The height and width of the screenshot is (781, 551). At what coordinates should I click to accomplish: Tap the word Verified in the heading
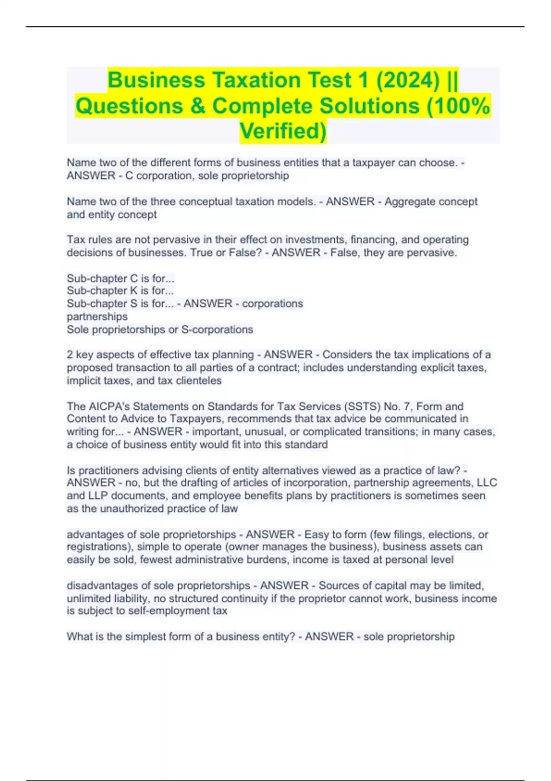(283, 131)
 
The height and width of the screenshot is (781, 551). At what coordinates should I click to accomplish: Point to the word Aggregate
(409, 202)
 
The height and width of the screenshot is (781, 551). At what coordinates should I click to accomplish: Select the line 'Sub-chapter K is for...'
(120, 291)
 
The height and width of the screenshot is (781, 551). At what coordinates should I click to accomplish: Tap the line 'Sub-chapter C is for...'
(121, 278)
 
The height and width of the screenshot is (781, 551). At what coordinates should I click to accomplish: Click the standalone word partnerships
(97, 317)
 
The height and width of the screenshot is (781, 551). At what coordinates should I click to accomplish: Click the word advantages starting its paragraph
(95, 534)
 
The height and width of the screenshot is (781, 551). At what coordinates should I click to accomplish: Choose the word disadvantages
(102, 586)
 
